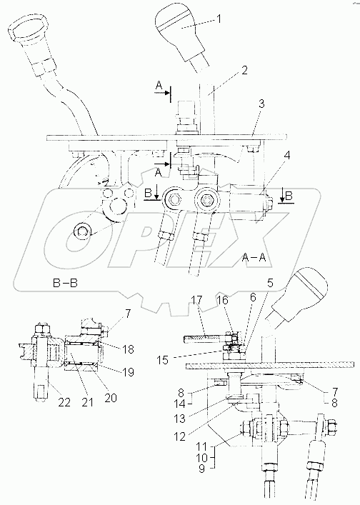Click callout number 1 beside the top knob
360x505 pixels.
click(219, 19)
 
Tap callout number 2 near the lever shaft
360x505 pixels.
click(244, 71)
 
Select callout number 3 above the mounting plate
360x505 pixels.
click(261, 104)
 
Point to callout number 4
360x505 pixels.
click(286, 156)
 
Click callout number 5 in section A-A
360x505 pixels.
click(269, 283)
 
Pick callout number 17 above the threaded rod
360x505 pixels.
click(196, 300)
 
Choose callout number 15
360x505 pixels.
click(164, 360)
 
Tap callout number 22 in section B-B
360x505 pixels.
click(64, 402)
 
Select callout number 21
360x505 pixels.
click(88, 402)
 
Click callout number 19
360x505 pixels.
click(128, 372)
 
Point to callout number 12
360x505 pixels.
click(179, 436)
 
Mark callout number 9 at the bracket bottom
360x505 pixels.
click(201, 469)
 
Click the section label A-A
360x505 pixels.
click(254, 257)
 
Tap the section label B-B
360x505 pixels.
click(65, 283)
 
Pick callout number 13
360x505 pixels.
click(179, 419)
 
